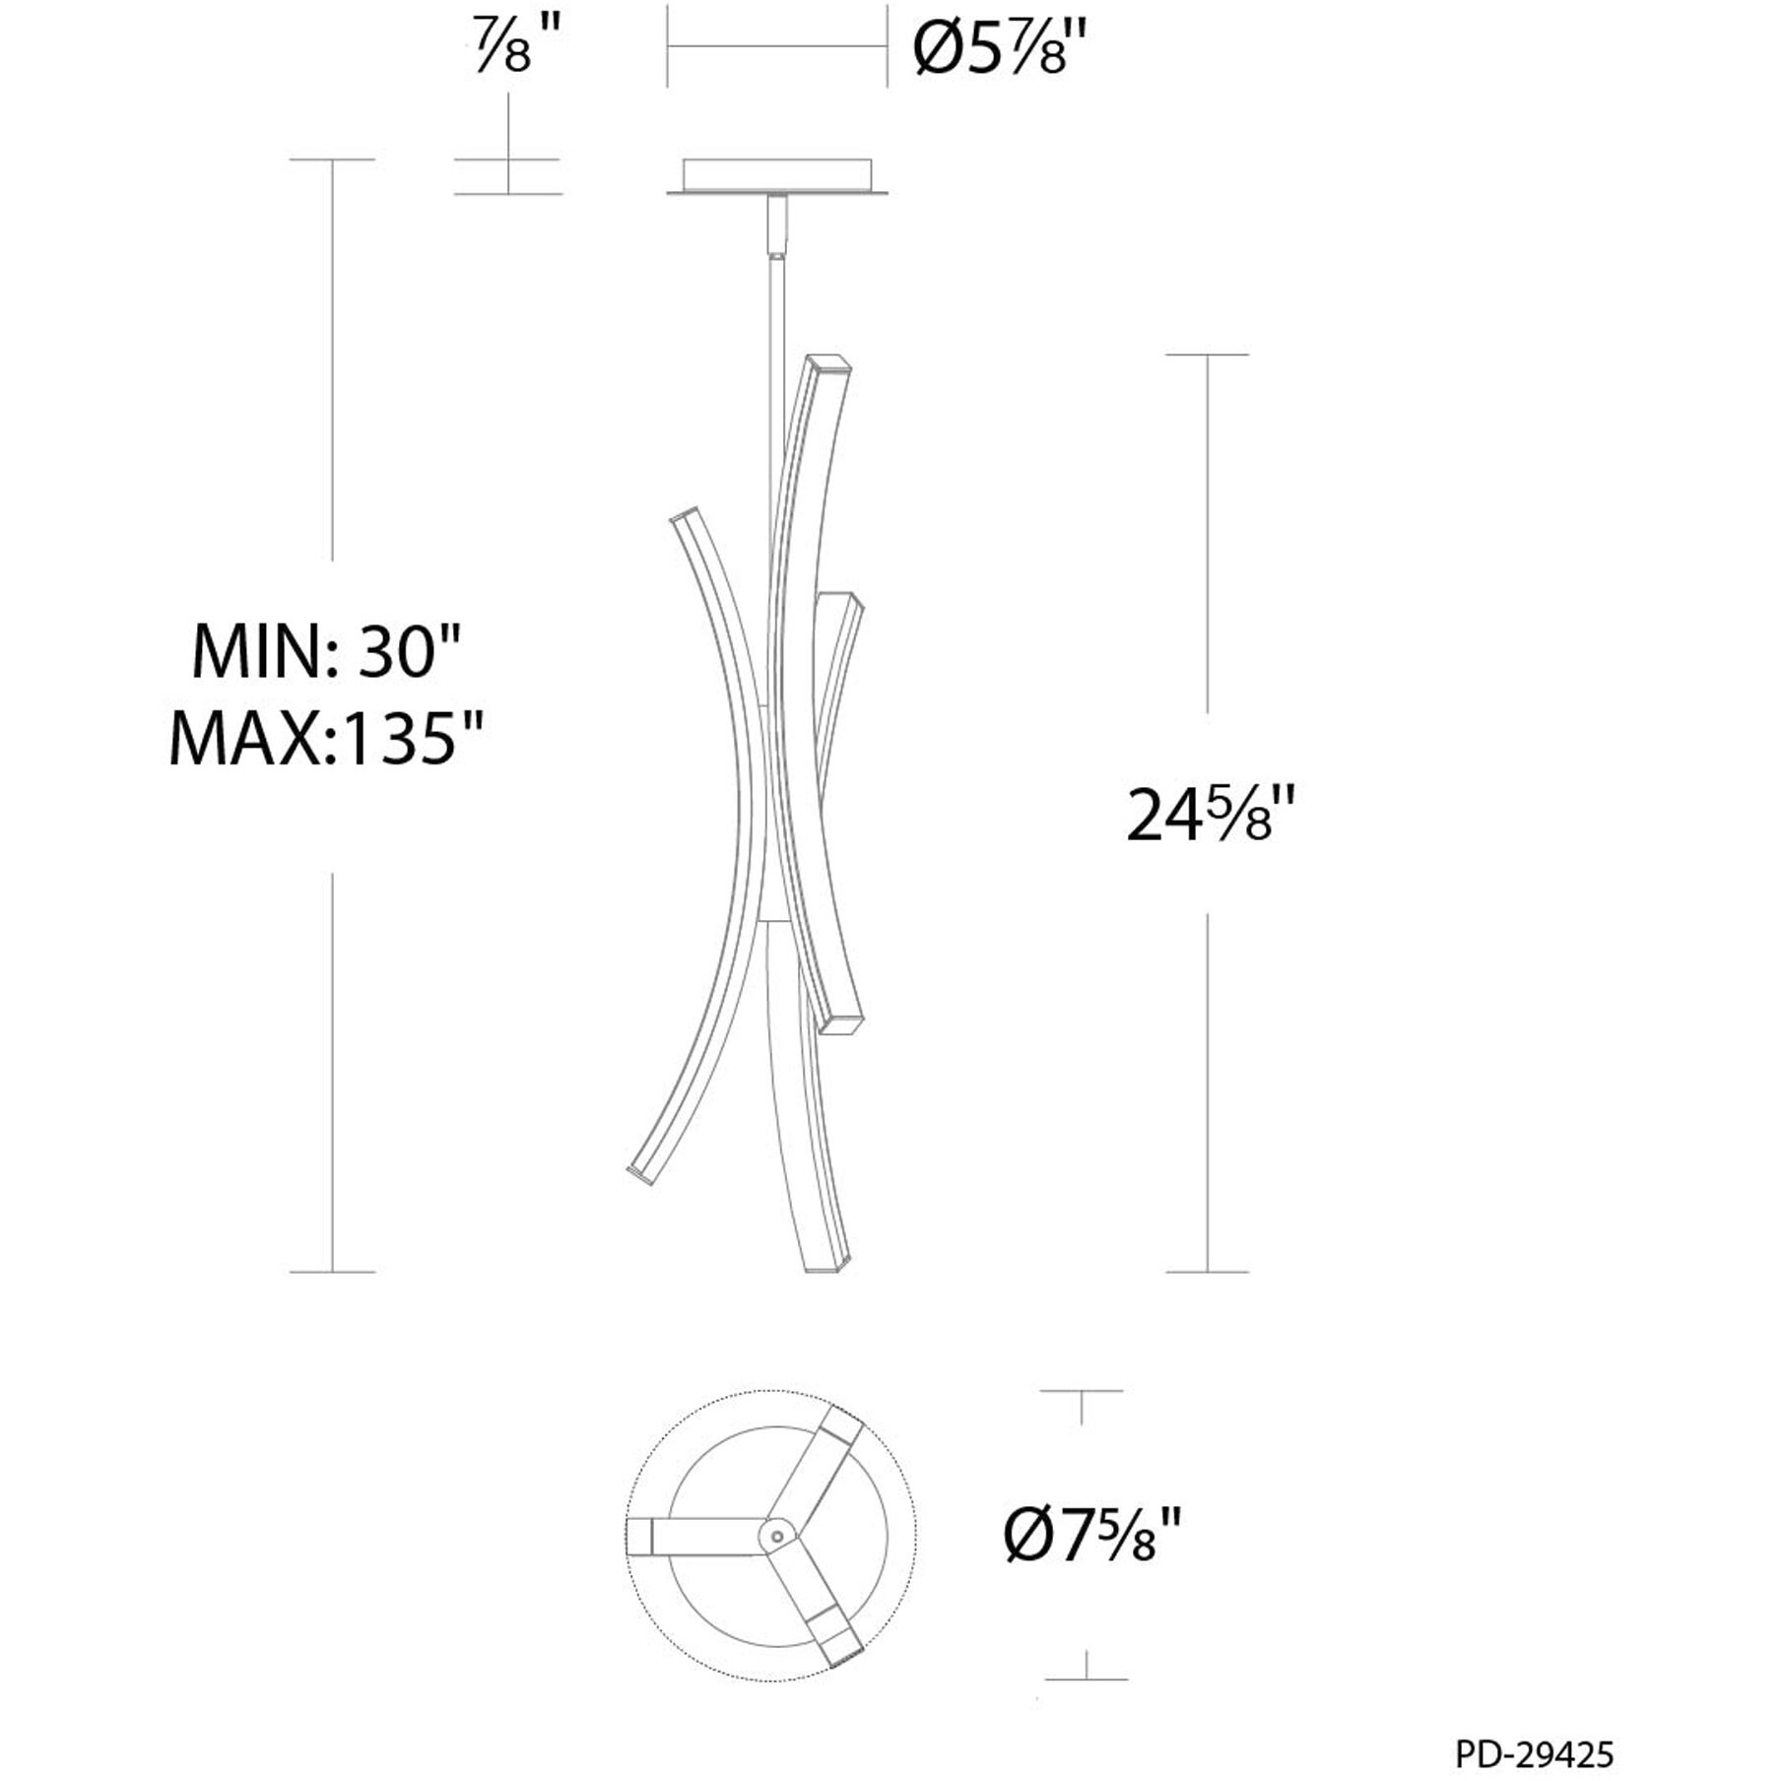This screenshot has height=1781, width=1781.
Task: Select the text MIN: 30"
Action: coord(326,650)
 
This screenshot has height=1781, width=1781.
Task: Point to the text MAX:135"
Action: coord(326,738)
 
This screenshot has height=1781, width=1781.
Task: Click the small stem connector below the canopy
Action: coord(778,226)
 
